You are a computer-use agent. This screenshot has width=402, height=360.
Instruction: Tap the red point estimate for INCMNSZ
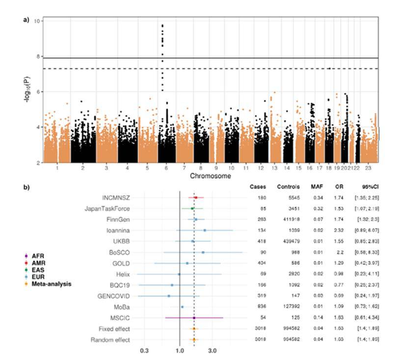coord(196,197)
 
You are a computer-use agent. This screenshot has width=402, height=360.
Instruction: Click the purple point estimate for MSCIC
coord(194,318)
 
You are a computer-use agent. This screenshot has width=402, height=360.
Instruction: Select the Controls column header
coord(288,187)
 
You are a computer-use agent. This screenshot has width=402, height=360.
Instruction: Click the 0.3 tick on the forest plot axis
coord(144,351)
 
